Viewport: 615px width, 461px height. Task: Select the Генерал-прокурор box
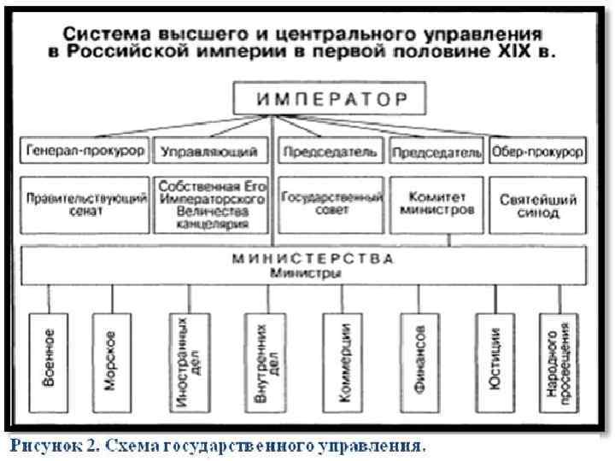coord(85,152)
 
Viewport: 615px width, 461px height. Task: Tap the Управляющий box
coord(208,152)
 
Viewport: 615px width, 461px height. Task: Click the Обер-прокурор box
coord(537,152)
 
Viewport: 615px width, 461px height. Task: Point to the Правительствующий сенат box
coord(85,205)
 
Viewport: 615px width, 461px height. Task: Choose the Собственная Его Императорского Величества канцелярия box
coord(208,205)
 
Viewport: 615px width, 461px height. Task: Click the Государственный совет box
coord(330,205)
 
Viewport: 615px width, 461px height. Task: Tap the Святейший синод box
coord(537,205)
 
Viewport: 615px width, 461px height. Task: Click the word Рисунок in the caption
coord(43,445)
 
